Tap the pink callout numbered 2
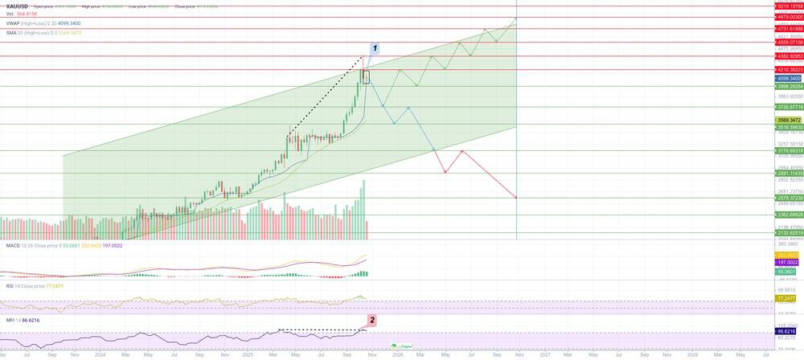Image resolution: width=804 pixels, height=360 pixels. [x=371, y=320]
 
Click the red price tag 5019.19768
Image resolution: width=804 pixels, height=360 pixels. [x=789, y=6]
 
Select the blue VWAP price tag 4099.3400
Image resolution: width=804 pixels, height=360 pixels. [x=787, y=79]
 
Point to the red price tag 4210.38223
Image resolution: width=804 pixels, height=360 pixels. [x=789, y=70]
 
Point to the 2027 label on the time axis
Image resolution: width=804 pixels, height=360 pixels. [x=544, y=354]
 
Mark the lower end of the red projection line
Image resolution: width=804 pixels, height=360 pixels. [x=515, y=198]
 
